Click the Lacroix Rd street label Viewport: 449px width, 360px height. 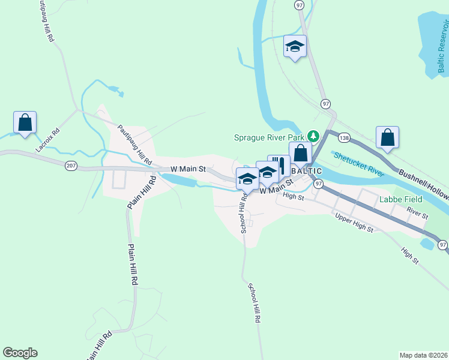[49, 140]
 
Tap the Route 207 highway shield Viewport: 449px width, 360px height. [71, 166]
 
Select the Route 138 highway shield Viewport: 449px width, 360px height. [344, 137]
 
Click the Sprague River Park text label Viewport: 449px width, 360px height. [269, 137]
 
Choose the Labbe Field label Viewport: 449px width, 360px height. [397, 199]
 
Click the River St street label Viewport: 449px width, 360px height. [417, 212]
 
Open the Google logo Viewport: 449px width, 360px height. [20, 353]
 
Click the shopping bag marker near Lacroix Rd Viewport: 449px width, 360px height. [25, 122]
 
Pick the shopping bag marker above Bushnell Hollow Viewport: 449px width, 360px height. [388, 137]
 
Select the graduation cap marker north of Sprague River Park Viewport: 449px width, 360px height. [295, 46]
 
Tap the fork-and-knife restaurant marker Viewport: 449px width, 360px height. [280, 166]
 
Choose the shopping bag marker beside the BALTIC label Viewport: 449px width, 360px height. [301, 153]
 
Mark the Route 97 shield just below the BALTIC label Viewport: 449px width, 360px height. [318, 183]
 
